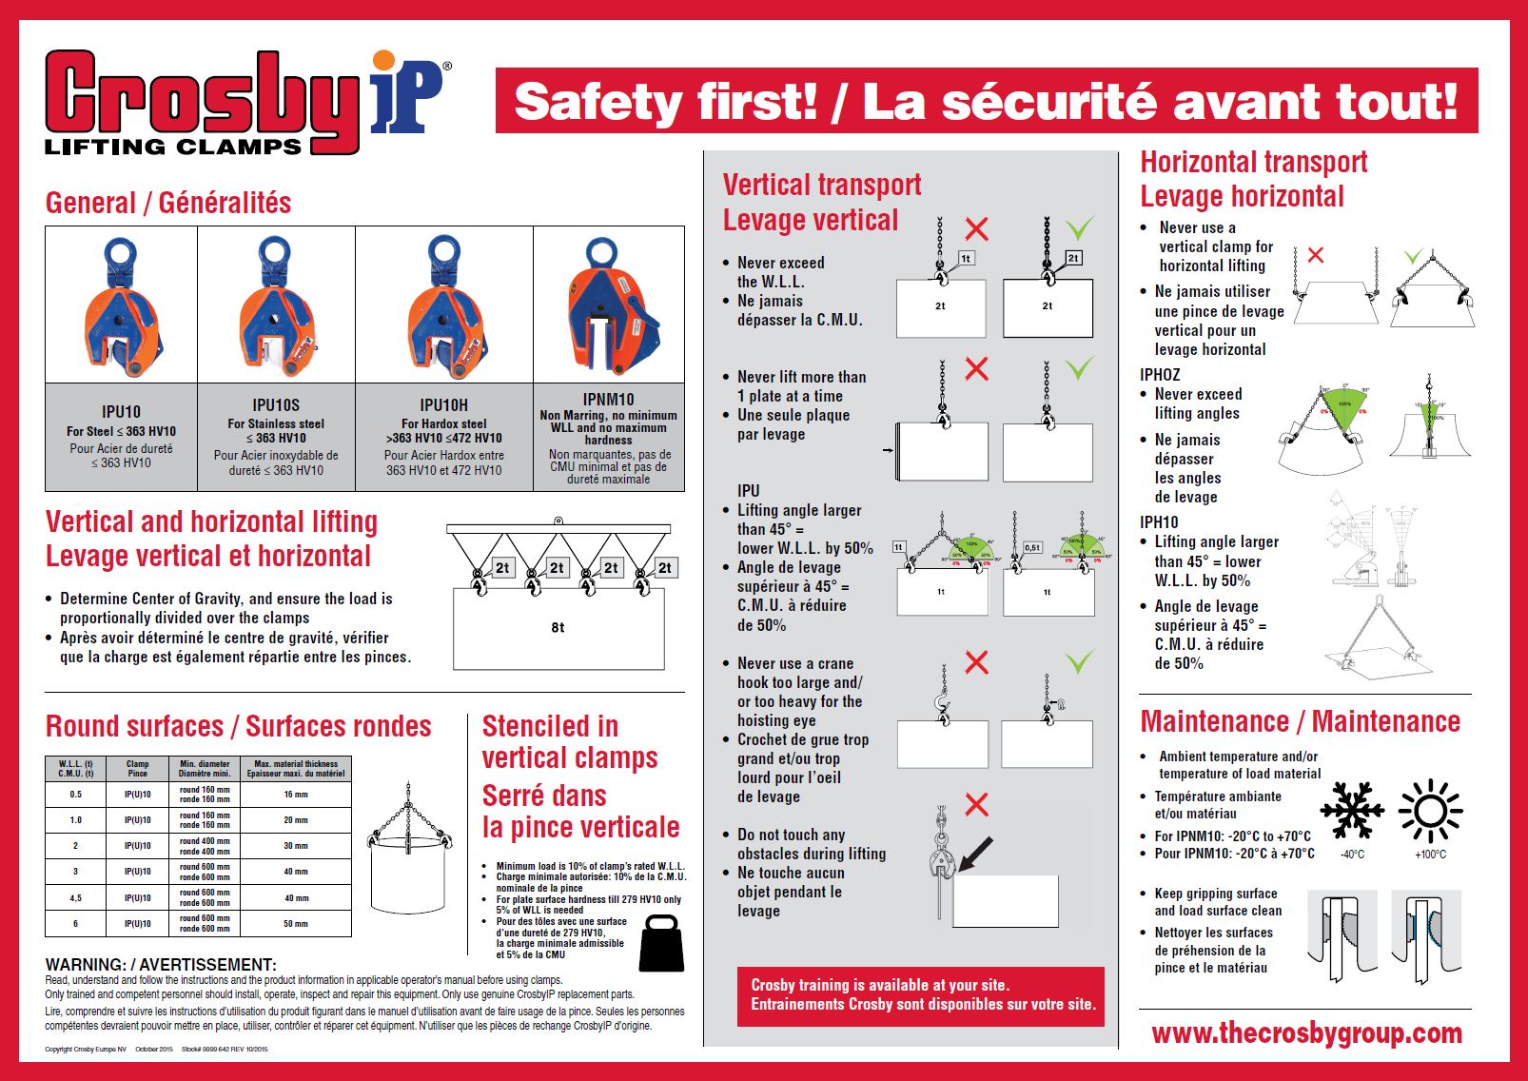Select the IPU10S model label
click(276, 404)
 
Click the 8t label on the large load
click(558, 627)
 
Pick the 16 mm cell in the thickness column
click(296, 795)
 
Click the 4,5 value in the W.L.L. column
click(76, 897)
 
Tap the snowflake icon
click(1350, 811)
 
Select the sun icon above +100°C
click(1430, 811)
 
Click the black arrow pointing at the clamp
click(974, 854)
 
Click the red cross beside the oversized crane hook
click(976, 662)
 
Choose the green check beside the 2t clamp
click(1079, 228)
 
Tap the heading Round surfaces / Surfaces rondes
click(239, 727)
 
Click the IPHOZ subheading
click(1160, 375)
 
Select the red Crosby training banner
click(920, 995)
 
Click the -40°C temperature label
click(1352, 855)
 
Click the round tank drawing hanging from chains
click(409, 854)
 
